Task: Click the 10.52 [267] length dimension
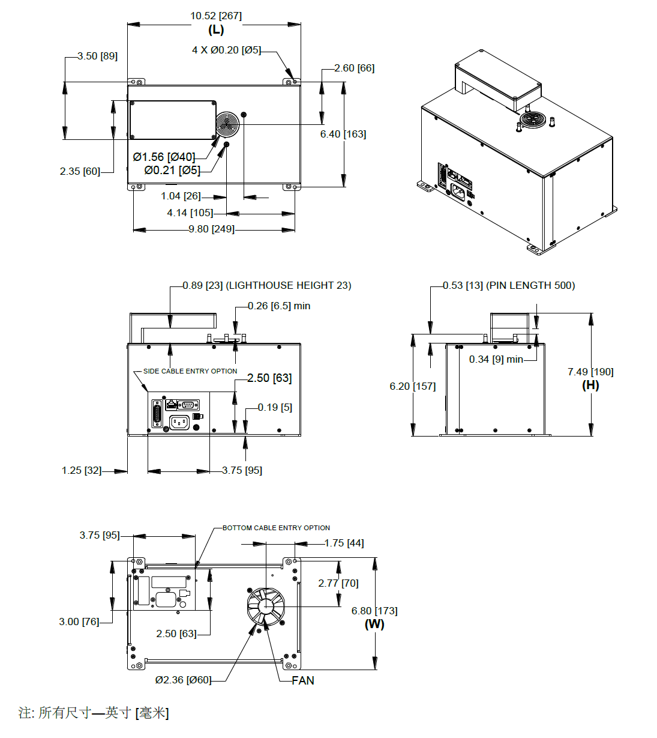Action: pos(216,16)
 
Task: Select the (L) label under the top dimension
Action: pos(216,30)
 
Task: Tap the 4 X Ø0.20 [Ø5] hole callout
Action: pos(226,50)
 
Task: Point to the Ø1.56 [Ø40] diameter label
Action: pos(164,157)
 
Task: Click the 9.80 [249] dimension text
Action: pos(211,229)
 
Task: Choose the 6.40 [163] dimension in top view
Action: pos(343,135)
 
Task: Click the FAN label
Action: pos(303,680)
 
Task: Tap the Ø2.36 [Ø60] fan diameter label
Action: pos(183,680)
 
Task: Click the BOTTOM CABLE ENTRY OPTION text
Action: pos(276,528)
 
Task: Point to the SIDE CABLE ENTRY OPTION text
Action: pos(190,372)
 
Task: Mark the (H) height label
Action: pos(590,386)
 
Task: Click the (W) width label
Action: pos(374,625)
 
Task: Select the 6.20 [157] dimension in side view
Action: pos(412,387)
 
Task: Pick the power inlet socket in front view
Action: pos(179,423)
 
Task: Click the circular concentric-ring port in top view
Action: pos(228,124)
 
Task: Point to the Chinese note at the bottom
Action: pos(94,713)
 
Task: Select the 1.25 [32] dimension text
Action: pos(82,471)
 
